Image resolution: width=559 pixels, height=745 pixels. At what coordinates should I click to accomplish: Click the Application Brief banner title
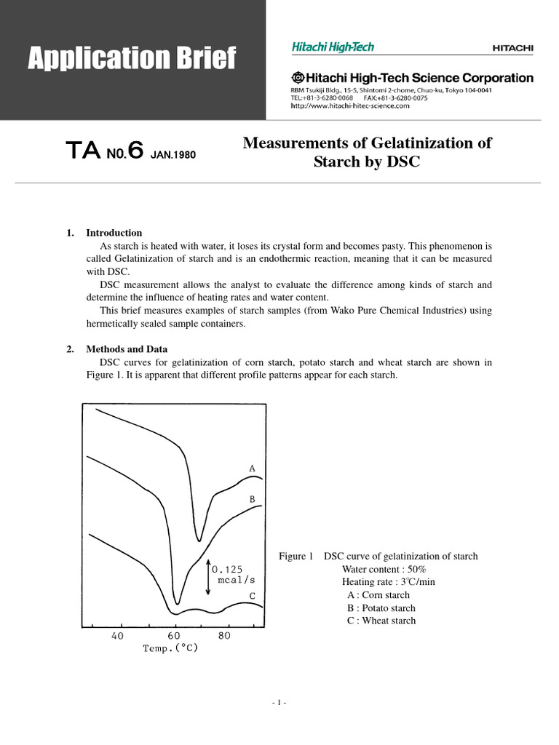(x=132, y=58)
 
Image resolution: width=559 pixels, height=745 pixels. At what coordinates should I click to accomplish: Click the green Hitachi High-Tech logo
(x=333, y=47)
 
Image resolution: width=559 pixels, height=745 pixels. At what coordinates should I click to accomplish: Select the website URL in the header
(x=349, y=105)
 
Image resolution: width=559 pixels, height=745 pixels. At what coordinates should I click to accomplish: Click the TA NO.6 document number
(x=104, y=151)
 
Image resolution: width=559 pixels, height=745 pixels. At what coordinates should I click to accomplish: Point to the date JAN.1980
(x=173, y=154)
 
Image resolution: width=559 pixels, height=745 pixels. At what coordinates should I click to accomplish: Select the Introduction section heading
(x=114, y=233)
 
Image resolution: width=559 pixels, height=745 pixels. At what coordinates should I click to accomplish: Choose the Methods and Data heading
(x=122, y=349)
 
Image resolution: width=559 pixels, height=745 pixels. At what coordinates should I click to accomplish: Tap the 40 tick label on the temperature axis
(x=117, y=635)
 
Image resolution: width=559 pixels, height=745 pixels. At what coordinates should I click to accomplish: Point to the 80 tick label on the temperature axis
(x=224, y=635)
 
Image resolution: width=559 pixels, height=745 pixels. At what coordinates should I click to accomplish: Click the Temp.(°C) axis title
(x=170, y=648)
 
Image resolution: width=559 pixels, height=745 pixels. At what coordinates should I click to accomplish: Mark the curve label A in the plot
(x=252, y=469)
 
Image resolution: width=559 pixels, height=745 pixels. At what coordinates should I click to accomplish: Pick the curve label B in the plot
(x=252, y=500)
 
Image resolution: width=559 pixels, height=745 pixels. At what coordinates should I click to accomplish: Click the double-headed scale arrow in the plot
(x=209, y=577)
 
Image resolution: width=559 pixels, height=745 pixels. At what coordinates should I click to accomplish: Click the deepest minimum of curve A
(x=198, y=540)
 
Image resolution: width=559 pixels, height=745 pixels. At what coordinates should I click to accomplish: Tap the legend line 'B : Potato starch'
(x=381, y=608)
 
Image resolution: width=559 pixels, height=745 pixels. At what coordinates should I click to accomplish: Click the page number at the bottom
(x=279, y=703)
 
